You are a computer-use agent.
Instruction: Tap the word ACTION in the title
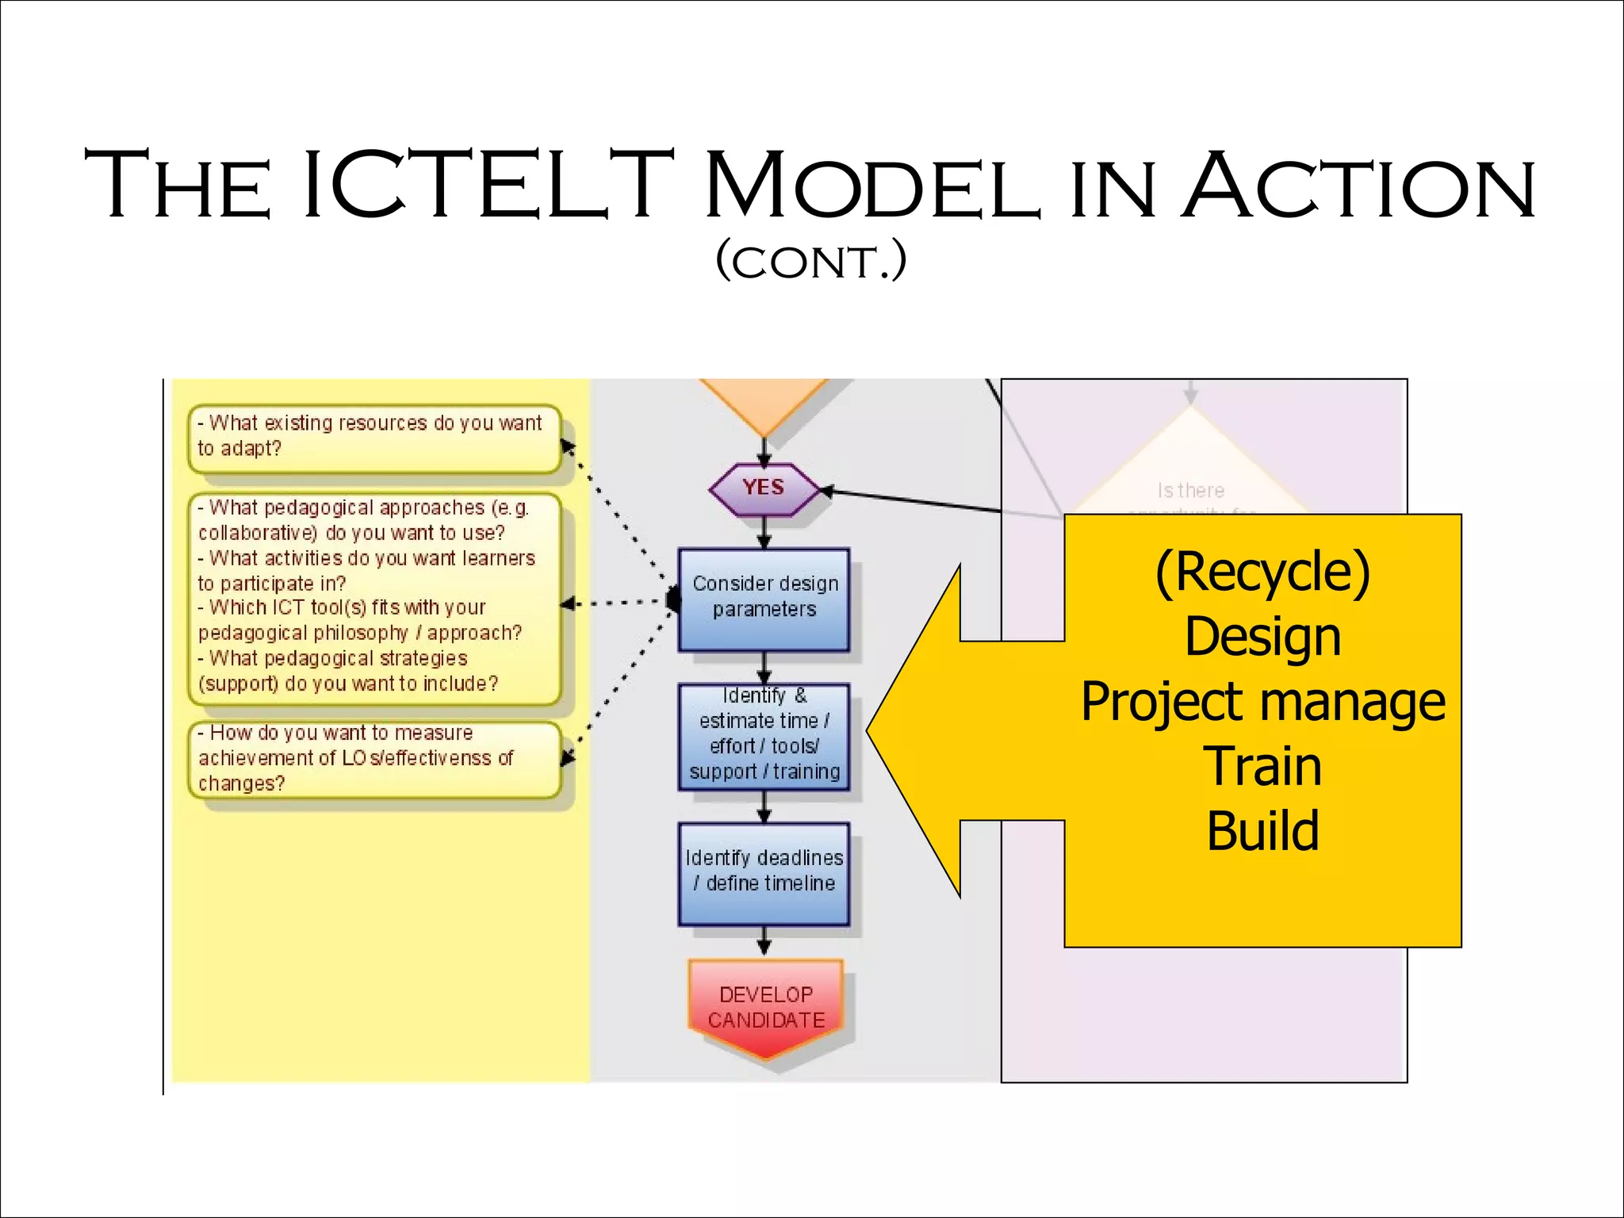click(x=1358, y=186)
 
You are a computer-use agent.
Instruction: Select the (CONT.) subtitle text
click(x=810, y=262)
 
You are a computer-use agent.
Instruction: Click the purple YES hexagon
click(x=764, y=488)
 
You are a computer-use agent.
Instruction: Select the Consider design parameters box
click(x=764, y=598)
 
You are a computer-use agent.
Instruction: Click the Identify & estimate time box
click(x=764, y=735)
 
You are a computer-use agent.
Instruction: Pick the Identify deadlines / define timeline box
click(x=764, y=872)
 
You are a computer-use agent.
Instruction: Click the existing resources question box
click(x=373, y=437)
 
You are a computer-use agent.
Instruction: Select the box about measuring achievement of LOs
click(x=373, y=758)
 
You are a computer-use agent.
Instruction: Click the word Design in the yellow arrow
click(x=1262, y=637)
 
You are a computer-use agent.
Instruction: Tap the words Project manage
click(x=1262, y=702)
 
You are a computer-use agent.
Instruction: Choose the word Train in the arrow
click(x=1262, y=767)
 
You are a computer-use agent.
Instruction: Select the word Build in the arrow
click(x=1262, y=831)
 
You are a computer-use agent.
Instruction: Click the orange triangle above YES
click(x=764, y=401)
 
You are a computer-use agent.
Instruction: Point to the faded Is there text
click(x=1190, y=491)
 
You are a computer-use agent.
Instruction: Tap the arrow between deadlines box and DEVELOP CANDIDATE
click(x=764, y=942)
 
